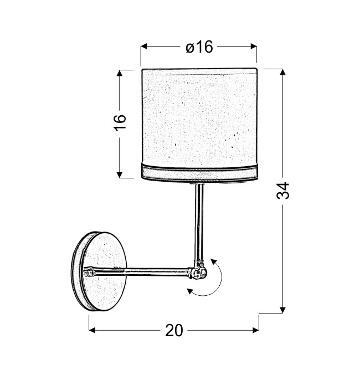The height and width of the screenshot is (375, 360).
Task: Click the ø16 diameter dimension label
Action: pyautogui.click(x=199, y=47)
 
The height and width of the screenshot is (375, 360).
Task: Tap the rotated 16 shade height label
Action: pyautogui.click(x=120, y=123)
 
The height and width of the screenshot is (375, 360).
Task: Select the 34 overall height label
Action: pyautogui.click(x=282, y=191)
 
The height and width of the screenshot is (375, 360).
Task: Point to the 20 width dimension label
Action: pyautogui.click(x=174, y=331)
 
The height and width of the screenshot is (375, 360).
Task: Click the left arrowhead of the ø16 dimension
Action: pyautogui.click(x=143, y=47)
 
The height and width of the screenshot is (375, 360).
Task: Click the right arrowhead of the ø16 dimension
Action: pyautogui.click(x=254, y=47)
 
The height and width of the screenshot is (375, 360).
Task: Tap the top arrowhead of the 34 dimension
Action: pyautogui.click(x=282, y=72)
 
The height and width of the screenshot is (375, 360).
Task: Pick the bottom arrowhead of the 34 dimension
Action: pyautogui.click(x=282, y=310)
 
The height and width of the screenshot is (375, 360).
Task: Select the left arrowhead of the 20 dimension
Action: pyautogui.click(x=92, y=330)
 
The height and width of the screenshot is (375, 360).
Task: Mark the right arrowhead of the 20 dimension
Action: pyautogui.click(x=256, y=330)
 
